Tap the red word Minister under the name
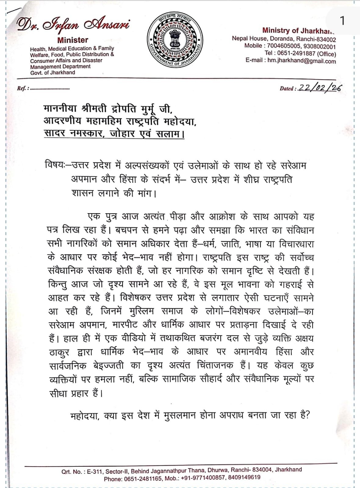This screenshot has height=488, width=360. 73,40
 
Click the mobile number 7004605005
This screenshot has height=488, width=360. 284,46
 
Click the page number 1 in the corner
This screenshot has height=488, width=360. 342,21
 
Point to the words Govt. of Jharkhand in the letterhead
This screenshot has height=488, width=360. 52,73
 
